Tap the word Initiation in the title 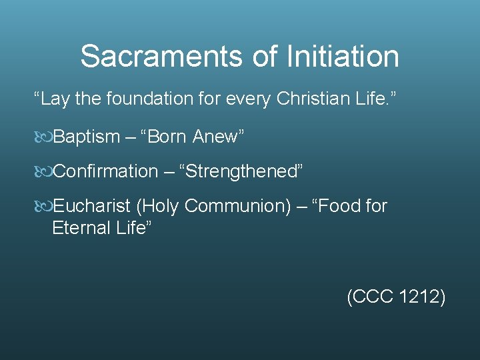coord(343,57)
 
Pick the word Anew coord(217,137)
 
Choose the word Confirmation coord(105,171)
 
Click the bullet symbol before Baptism coord(43,137)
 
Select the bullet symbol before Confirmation coord(43,172)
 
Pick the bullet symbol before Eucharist coord(43,207)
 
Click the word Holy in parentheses coord(159,206)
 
